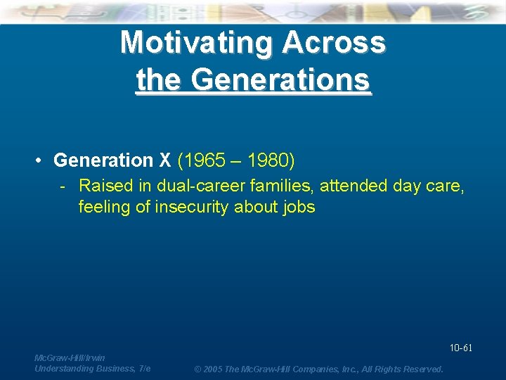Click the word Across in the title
[333, 42]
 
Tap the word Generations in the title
[280, 80]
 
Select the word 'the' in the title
[159, 80]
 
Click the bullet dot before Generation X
[40, 161]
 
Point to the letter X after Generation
[165, 160]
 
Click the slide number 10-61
[460, 348]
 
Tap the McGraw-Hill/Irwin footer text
[70, 357]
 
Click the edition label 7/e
[145, 368]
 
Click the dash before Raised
[64, 186]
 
